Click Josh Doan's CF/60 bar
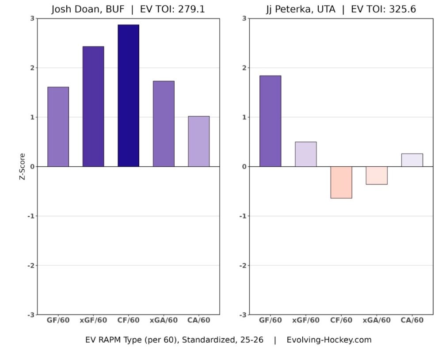(x=128, y=96)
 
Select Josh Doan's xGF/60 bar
(x=93, y=106)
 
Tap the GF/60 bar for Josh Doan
(x=58, y=126)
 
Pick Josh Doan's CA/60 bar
(x=198, y=141)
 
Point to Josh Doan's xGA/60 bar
(x=164, y=124)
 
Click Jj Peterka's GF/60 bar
(x=270, y=121)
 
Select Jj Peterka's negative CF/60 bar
(x=341, y=182)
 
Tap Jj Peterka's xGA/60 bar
(x=377, y=175)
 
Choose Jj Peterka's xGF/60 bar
(x=306, y=154)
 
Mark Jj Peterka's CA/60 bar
(x=412, y=160)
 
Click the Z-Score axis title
(x=23, y=166)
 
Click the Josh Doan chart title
(x=128, y=9)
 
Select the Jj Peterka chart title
(x=340, y=9)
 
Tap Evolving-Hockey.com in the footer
(x=329, y=340)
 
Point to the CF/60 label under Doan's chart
(x=128, y=320)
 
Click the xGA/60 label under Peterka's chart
(x=377, y=320)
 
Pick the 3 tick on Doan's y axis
(x=32, y=18)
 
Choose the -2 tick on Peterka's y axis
(x=243, y=265)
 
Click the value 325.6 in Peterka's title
(x=401, y=9)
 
